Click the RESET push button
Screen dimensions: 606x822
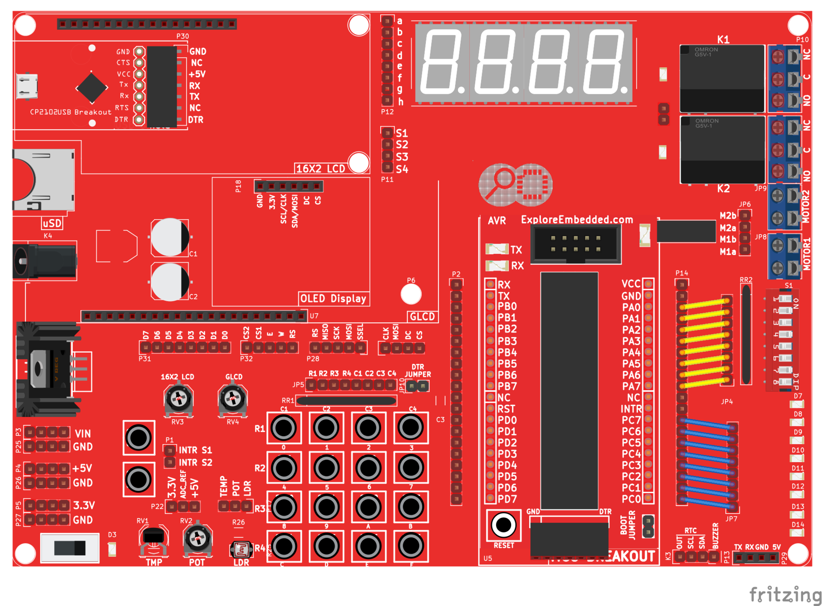[x=503, y=525]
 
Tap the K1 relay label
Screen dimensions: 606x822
[x=723, y=39]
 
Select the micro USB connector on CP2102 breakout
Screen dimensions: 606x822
[x=27, y=86]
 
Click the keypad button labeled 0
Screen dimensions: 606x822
[x=284, y=428]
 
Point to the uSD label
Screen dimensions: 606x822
[x=52, y=223]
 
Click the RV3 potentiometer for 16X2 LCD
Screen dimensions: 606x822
[x=179, y=399]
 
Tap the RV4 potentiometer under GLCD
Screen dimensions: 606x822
[x=232, y=399]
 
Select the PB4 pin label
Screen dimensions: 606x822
[x=507, y=353]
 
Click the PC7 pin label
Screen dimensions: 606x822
[x=631, y=420]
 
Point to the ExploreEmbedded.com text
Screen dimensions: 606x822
[x=577, y=220]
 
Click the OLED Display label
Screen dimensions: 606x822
[x=333, y=298]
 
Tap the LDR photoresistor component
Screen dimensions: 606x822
[x=241, y=549]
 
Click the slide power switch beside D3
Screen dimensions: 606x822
[x=70, y=548]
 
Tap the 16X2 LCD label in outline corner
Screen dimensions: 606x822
[x=320, y=169]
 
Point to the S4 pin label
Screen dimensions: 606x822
[x=402, y=169]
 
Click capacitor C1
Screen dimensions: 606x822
[x=170, y=238]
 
